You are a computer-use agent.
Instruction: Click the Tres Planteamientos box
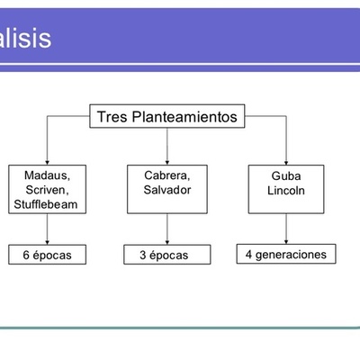click(167, 117)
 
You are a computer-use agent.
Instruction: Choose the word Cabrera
click(167, 175)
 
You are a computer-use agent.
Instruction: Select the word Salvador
click(167, 190)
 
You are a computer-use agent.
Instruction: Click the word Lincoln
click(285, 192)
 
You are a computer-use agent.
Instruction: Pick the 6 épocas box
click(47, 256)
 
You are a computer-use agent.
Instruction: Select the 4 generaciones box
click(285, 255)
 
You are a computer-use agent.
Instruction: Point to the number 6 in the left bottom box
click(27, 256)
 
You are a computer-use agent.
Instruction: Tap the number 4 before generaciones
click(249, 255)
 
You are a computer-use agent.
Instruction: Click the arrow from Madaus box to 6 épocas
click(47, 230)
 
